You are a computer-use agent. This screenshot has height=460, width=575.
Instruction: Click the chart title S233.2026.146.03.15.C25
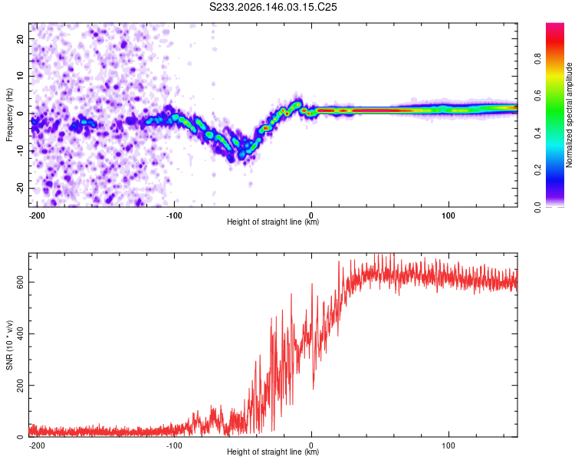point(273,7)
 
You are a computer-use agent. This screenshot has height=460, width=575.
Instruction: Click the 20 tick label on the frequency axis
point(21,38)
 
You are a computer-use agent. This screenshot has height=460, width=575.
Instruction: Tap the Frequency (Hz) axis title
point(9,114)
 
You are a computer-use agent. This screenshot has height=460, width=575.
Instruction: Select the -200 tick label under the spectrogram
point(37,215)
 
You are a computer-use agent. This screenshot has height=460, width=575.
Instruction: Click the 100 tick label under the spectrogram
point(449,215)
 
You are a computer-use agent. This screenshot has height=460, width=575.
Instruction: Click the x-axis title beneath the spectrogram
point(273,222)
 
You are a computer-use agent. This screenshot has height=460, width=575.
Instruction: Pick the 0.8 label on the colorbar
point(537,59)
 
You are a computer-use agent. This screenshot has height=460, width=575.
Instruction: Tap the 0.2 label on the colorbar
point(537,170)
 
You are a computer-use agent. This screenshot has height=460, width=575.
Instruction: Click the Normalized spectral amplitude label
point(569,115)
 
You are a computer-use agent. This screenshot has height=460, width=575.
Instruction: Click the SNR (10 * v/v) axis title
point(9,345)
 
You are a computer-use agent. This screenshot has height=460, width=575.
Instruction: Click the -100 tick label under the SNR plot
point(174,445)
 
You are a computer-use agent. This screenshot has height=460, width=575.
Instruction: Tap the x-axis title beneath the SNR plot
point(273,452)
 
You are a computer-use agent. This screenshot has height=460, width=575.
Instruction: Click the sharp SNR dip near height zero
point(313,388)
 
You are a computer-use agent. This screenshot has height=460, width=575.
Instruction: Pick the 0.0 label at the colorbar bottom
point(537,207)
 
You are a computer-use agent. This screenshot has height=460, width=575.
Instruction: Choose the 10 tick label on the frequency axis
point(21,76)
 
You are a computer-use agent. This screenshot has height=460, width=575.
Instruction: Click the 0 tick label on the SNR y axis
point(21,436)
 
